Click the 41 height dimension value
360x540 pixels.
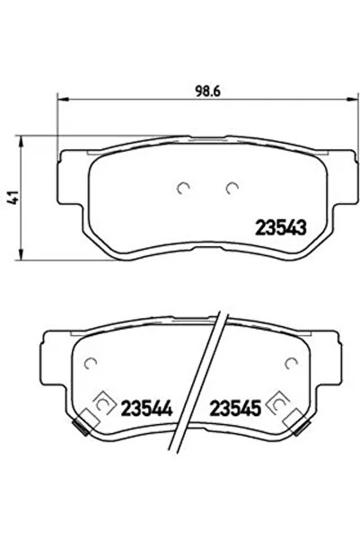point(12,198)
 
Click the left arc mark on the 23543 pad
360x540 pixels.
point(184,188)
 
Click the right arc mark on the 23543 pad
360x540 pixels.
point(233,188)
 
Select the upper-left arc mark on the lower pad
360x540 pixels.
point(89,362)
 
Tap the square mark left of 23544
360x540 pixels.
point(101,407)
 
